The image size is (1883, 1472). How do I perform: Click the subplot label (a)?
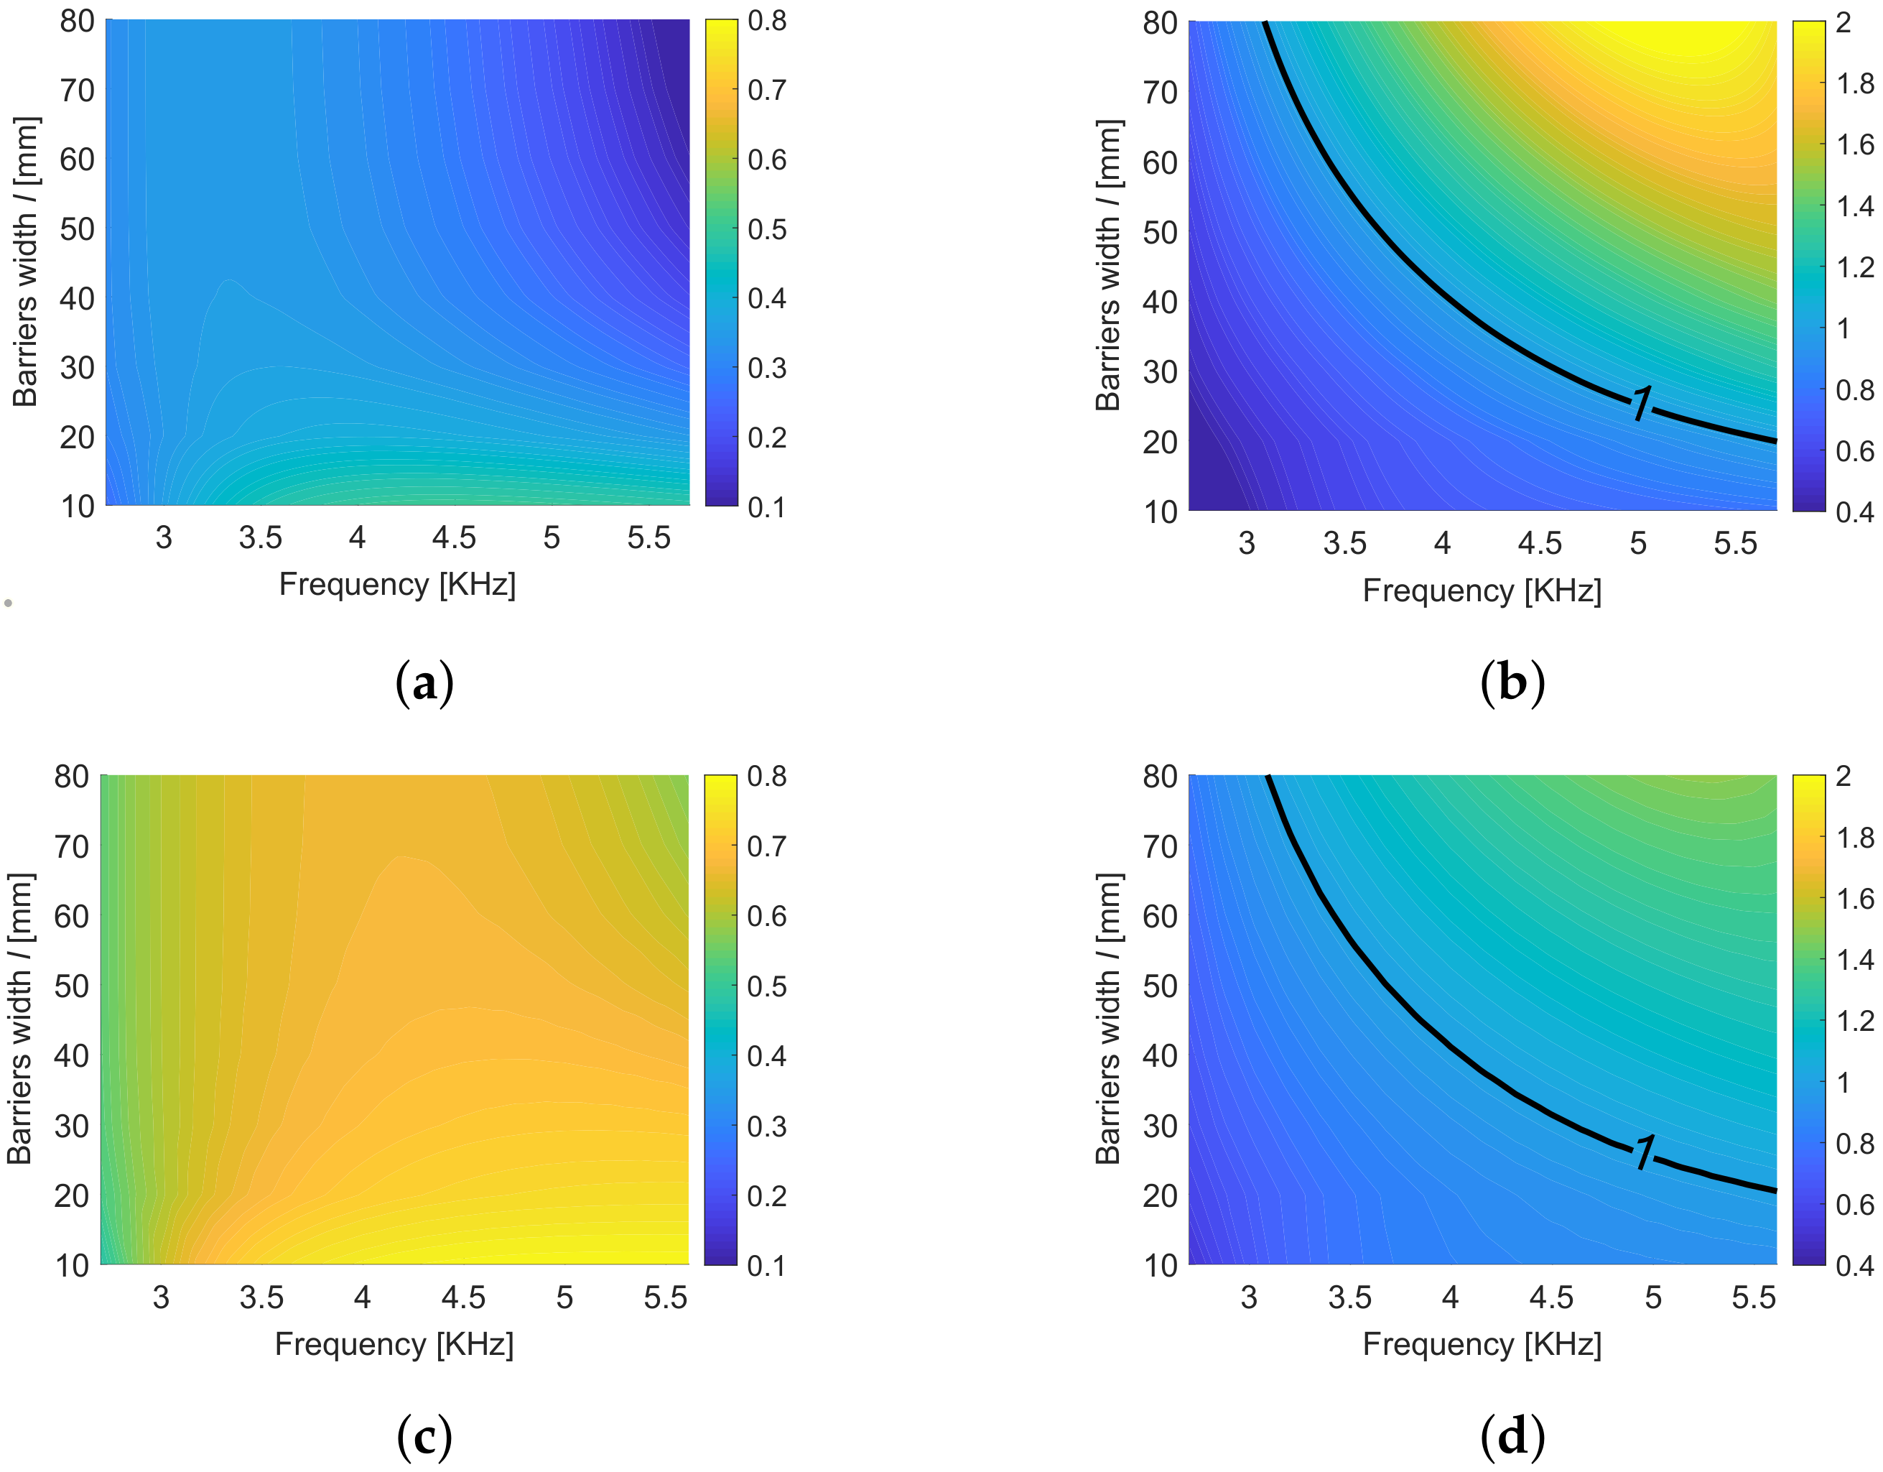pos(424,684)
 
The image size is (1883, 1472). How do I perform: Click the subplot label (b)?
pos(1512,684)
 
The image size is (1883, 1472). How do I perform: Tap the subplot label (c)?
pos(424,1437)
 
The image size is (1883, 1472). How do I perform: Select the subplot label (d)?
pos(1512,1437)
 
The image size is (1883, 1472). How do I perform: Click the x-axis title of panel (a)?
pos(397,585)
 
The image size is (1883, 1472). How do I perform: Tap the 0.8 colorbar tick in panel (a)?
pos(766,21)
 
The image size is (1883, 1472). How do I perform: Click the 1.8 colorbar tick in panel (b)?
pos(1854,83)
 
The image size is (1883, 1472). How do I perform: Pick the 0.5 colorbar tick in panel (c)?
pos(766,986)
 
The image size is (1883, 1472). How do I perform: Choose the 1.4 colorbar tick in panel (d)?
pos(1854,959)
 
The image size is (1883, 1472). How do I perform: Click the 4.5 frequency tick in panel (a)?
pos(455,538)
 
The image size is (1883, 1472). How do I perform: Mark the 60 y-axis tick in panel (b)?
pos(1160,162)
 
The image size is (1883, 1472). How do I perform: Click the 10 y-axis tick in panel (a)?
pos(77,506)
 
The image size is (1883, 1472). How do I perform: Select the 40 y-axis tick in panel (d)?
pos(1160,1055)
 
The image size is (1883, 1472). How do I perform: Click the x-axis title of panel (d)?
pos(1482,1344)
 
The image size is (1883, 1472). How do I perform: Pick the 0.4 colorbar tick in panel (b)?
pos(1854,512)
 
